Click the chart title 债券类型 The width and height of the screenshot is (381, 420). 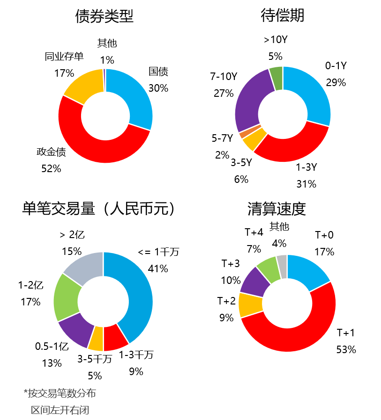coord(105,16)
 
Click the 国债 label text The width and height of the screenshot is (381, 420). coord(158,72)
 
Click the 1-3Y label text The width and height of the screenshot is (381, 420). coord(306,167)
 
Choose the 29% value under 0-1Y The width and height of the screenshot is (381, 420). coord(336,83)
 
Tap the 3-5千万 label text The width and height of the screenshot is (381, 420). coord(95,359)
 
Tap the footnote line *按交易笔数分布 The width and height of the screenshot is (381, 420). coord(60,393)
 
